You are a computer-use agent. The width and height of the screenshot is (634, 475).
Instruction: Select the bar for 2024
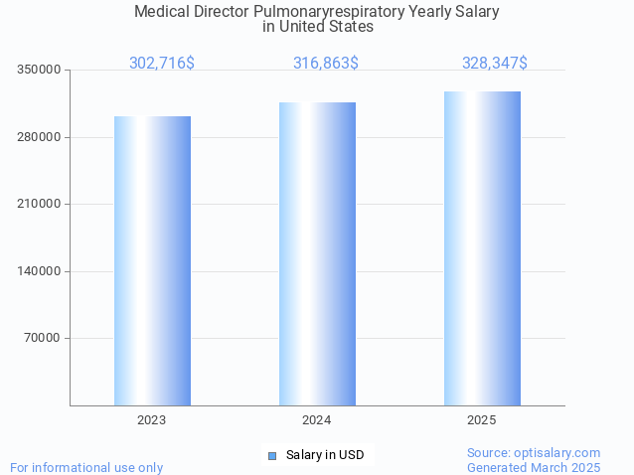click(x=317, y=253)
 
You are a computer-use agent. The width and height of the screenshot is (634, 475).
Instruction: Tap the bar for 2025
click(x=482, y=248)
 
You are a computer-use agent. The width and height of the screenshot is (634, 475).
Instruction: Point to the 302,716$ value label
click(x=161, y=64)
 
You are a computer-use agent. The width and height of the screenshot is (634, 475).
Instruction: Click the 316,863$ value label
click(x=325, y=64)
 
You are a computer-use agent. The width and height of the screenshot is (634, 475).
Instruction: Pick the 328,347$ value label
click(x=494, y=64)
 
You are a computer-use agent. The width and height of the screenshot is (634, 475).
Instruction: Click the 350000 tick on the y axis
click(x=40, y=71)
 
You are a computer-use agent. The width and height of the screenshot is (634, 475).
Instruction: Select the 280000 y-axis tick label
click(x=40, y=137)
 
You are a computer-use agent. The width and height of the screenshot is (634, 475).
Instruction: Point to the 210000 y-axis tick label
click(x=40, y=205)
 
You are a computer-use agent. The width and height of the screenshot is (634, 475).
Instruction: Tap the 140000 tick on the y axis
click(x=40, y=271)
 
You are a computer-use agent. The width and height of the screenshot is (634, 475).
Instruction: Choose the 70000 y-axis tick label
click(x=43, y=339)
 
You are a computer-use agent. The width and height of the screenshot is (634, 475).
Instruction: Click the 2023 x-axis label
click(x=152, y=420)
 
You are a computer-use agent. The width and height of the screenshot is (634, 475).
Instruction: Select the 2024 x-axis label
click(x=317, y=420)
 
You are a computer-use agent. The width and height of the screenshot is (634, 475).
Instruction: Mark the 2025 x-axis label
click(x=482, y=420)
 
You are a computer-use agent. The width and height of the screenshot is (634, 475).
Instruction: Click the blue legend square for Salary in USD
click(x=271, y=455)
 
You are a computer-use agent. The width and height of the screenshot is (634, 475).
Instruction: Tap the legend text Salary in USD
click(x=325, y=455)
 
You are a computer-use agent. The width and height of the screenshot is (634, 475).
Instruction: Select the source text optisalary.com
click(x=557, y=453)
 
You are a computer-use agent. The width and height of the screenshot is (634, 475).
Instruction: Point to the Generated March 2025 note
click(x=534, y=467)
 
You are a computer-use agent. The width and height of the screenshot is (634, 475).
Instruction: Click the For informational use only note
click(x=86, y=467)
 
